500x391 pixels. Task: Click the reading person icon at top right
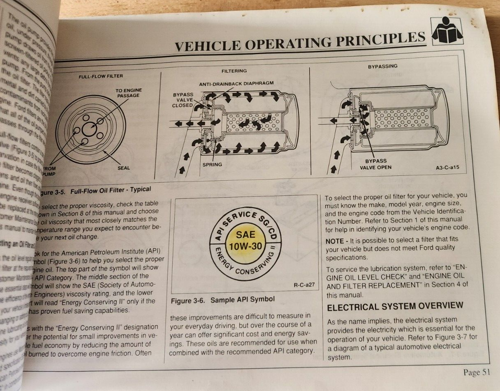click(x=447, y=32)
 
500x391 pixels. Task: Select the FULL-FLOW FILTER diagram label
click(x=101, y=76)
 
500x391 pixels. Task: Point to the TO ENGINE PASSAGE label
click(x=128, y=93)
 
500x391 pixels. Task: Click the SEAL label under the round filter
click(x=124, y=168)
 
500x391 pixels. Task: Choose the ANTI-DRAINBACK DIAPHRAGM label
click(x=236, y=83)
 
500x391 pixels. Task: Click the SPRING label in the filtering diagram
click(x=212, y=165)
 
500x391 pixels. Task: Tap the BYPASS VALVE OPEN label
click(x=375, y=164)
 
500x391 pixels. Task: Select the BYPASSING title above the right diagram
click(x=382, y=66)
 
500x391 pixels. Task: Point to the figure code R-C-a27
click(x=305, y=284)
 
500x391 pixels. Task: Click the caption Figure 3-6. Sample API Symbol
click(x=222, y=300)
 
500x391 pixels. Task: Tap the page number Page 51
click(x=477, y=372)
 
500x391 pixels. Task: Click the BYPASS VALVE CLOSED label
click(x=183, y=100)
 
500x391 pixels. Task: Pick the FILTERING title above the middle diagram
click(x=234, y=71)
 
